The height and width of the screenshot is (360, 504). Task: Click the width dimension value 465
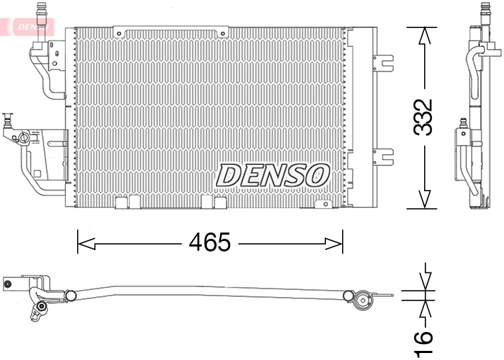210,243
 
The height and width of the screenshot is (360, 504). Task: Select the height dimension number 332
423,117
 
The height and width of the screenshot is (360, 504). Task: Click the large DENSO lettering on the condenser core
273,175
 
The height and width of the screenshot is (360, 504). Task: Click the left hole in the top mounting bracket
121,33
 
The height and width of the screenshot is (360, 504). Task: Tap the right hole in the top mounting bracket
223,33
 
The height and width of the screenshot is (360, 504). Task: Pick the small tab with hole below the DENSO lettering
323,204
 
